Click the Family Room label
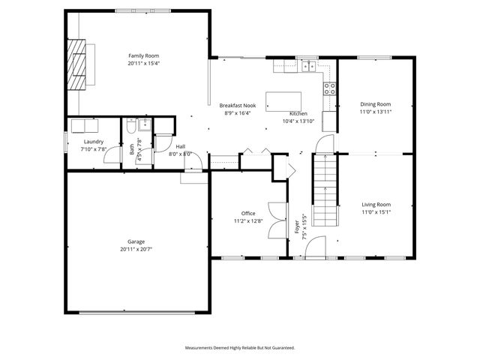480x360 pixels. click(143, 55)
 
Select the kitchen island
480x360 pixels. click(283, 100)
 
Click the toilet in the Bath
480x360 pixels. click(132, 124)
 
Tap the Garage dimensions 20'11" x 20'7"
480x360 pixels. click(136, 249)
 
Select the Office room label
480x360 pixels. click(248, 213)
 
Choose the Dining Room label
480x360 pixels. click(376, 103)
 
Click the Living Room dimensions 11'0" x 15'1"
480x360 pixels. click(376, 212)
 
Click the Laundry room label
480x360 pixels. click(94, 141)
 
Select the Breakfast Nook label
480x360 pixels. click(235, 106)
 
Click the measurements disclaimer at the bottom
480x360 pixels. click(240, 348)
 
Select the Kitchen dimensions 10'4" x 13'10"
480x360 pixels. click(298, 121)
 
